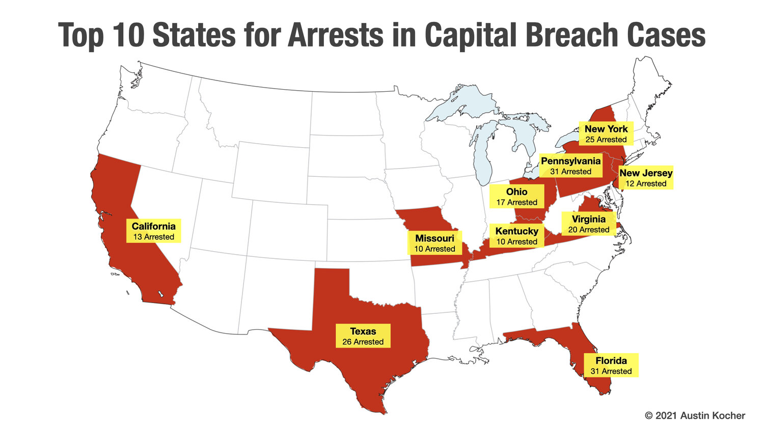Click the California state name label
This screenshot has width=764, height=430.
coord(153,226)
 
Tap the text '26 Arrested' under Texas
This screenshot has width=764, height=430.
coord(363,342)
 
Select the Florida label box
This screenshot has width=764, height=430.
coord(611,365)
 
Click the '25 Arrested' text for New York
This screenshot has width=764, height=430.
coord(606,140)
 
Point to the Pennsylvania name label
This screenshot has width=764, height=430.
coord(570,161)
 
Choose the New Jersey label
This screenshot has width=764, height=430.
coord(645,173)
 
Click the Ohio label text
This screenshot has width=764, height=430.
coord(516,192)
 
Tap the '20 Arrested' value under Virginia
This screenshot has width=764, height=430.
coord(588,230)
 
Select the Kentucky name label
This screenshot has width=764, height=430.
coord(516,231)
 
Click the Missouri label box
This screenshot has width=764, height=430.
coord(434,243)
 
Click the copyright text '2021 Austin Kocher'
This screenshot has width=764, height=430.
coord(700,416)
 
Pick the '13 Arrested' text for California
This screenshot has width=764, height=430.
coord(153,237)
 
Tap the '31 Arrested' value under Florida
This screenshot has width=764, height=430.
coord(611,371)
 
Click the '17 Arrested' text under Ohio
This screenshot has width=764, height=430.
coord(516,203)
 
